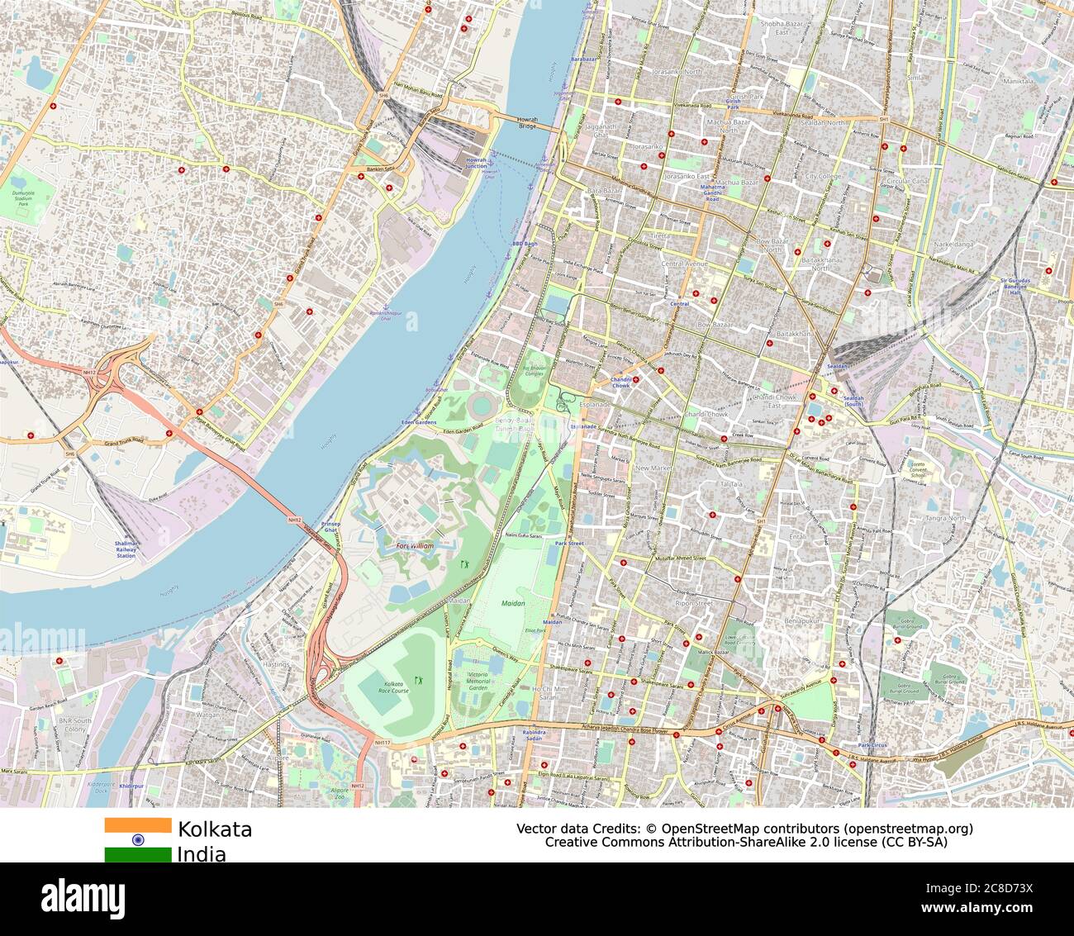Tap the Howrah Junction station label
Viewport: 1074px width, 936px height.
[x=476, y=163]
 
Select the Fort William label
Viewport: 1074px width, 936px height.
[x=414, y=546]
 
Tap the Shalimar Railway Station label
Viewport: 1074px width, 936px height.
[x=126, y=549]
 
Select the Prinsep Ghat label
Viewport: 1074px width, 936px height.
[x=330, y=527]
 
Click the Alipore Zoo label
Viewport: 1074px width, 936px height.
[x=340, y=795]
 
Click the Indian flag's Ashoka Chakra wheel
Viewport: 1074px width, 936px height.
[x=138, y=839]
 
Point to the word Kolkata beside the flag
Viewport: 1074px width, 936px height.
[x=215, y=829]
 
